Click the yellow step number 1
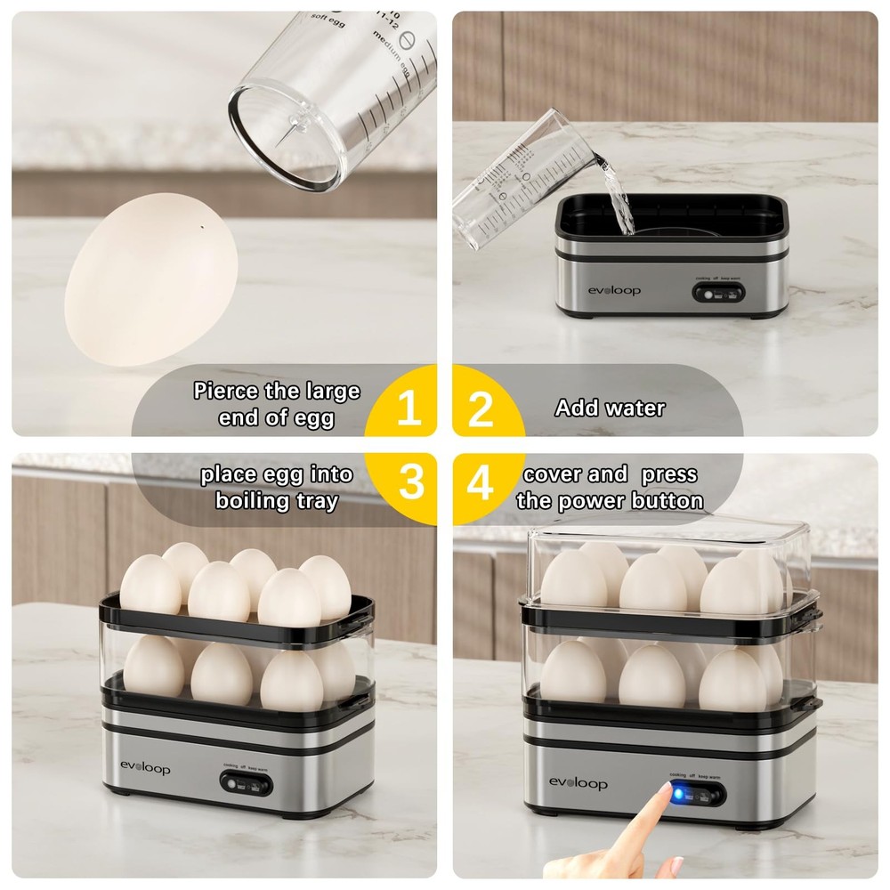click(x=409, y=409)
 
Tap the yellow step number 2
click(x=481, y=409)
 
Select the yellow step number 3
click(x=410, y=481)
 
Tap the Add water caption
click(x=610, y=409)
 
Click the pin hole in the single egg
click(x=204, y=226)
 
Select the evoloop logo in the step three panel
click(x=145, y=768)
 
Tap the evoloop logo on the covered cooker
click(x=578, y=783)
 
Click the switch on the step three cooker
click(x=244, y=785)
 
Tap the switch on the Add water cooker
click(x=715, y=294)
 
